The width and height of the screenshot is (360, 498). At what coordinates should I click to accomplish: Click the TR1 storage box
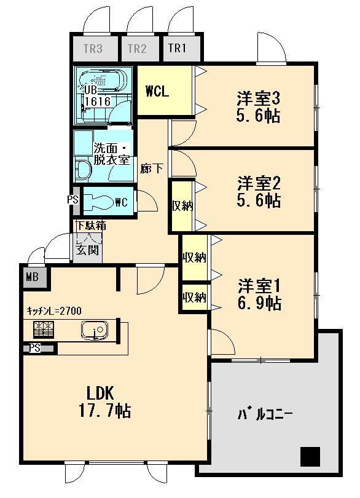(177, 49)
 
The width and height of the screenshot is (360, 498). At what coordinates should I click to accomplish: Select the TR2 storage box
(138, 49)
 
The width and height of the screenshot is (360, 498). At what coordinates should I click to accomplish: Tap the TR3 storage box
(92, 49)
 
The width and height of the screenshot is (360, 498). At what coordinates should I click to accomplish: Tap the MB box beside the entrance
(33, 277)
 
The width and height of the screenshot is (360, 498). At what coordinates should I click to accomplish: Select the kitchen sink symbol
(94, 331)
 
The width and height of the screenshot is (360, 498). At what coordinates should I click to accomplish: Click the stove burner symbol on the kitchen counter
(42, 331)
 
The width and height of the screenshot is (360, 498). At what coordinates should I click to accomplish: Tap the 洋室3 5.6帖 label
(259, 106)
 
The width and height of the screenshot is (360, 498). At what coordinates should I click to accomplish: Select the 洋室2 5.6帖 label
(259, 191)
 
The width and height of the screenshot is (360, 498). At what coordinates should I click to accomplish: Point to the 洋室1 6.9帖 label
(259, 294)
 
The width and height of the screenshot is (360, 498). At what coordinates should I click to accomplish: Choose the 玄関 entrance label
(86, 250)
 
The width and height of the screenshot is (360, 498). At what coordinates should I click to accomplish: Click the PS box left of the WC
(72, 199)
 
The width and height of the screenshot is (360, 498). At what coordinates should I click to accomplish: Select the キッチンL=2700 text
(54, 310)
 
